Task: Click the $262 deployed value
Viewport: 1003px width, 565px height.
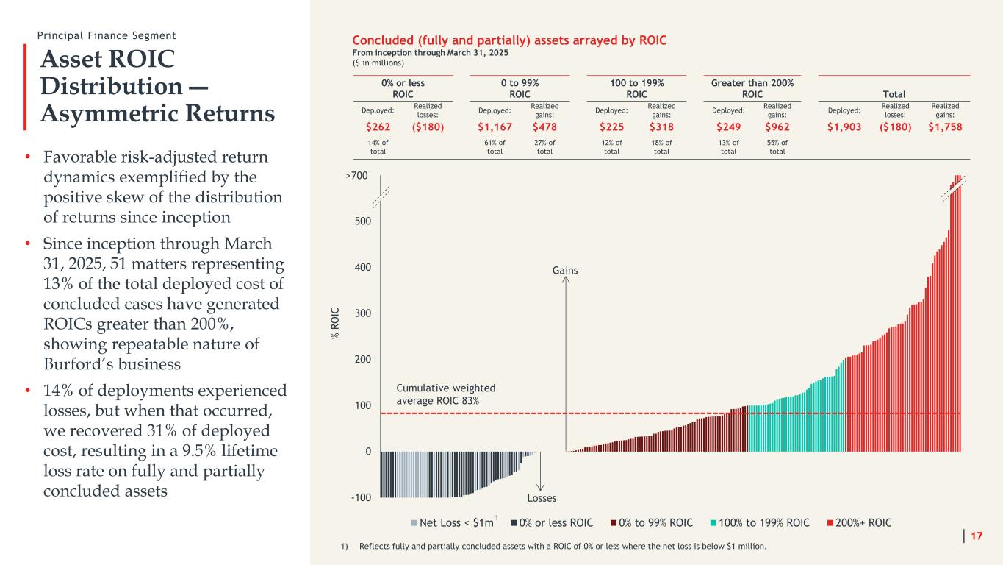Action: click(x=378, y=126)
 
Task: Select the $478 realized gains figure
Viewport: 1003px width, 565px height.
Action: click(x=544, y=126)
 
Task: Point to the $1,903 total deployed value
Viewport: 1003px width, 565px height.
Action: click(x=844, y=126)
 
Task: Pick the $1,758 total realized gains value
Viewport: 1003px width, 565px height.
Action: click(x=944, y=126)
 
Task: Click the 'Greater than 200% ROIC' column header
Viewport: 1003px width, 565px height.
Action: click(x=752, y=88)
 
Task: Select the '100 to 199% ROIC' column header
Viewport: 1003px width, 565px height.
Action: click(x=636, y=88)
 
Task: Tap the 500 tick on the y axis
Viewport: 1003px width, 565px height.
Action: click(x=362, y=221)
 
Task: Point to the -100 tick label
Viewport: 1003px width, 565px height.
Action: click(x=361, y=497)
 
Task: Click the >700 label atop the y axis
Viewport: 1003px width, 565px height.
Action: click(x=358, y=176)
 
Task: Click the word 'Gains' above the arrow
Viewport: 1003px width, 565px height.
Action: click(x=565, y=270)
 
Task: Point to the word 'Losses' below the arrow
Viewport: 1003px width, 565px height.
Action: click(x=541, y=498)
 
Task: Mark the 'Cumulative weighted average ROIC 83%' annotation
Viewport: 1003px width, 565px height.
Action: click(x=445, y=394)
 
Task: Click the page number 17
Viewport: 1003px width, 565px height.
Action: click(x=977, y=536)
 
